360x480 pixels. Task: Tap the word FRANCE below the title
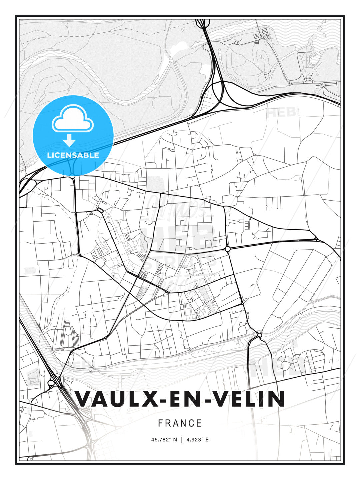[x=180, y=423]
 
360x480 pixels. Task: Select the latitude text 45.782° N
[x=164, y=440]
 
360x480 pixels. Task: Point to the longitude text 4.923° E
[x=197, y=440]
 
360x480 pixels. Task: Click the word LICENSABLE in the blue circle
[x=73, y=155]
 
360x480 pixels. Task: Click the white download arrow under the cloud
[x=69, y=140]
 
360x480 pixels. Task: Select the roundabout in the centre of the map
[x=228, y=249]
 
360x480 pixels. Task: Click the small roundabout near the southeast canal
[x=260, y=335]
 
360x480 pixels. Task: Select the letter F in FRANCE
[x=161, y=423]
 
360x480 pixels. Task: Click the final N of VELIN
[x=276, y=399]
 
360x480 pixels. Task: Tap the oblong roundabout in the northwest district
[x=100, y=210]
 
